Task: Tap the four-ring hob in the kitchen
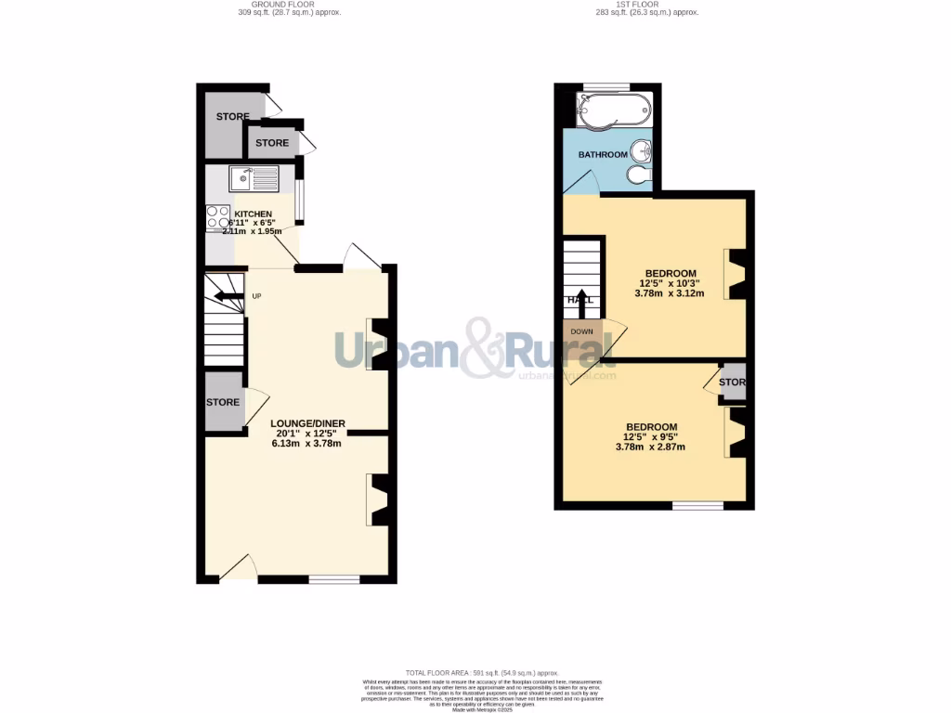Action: [218, 217]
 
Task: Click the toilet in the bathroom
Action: [639, 175]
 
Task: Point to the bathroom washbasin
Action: [640, 149]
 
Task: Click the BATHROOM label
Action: [603, 154]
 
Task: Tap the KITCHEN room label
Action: [253, 214]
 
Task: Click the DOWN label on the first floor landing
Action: [581, 331]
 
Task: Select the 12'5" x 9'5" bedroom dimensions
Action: [650, 441]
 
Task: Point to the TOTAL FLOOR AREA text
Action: [481, 672]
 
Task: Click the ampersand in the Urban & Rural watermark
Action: [484, 349]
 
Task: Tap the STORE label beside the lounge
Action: [223, 402]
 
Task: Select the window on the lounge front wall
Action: [334, 579]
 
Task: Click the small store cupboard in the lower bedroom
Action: [734, 383]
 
